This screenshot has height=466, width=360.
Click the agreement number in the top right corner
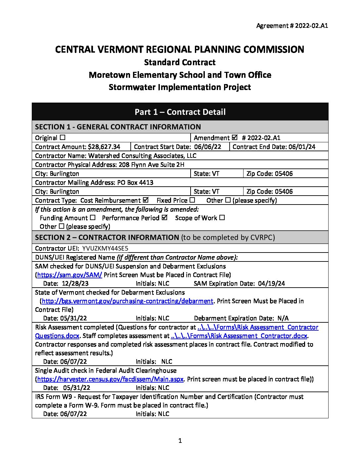pos(292,26)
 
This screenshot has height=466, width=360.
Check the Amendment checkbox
pos(235,137)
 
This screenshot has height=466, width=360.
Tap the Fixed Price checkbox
pos(192,200)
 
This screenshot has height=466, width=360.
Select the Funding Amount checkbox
pos(93,218)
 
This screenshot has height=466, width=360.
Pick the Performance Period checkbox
pos(164,217)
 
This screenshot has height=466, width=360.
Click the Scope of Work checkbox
pos(222,218)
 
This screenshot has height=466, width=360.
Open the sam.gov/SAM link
pos(69,275)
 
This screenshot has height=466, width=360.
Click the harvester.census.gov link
pos(110,379)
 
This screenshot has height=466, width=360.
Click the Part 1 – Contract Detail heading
pos(180,112)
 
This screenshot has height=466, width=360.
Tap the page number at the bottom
pos(180,441)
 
